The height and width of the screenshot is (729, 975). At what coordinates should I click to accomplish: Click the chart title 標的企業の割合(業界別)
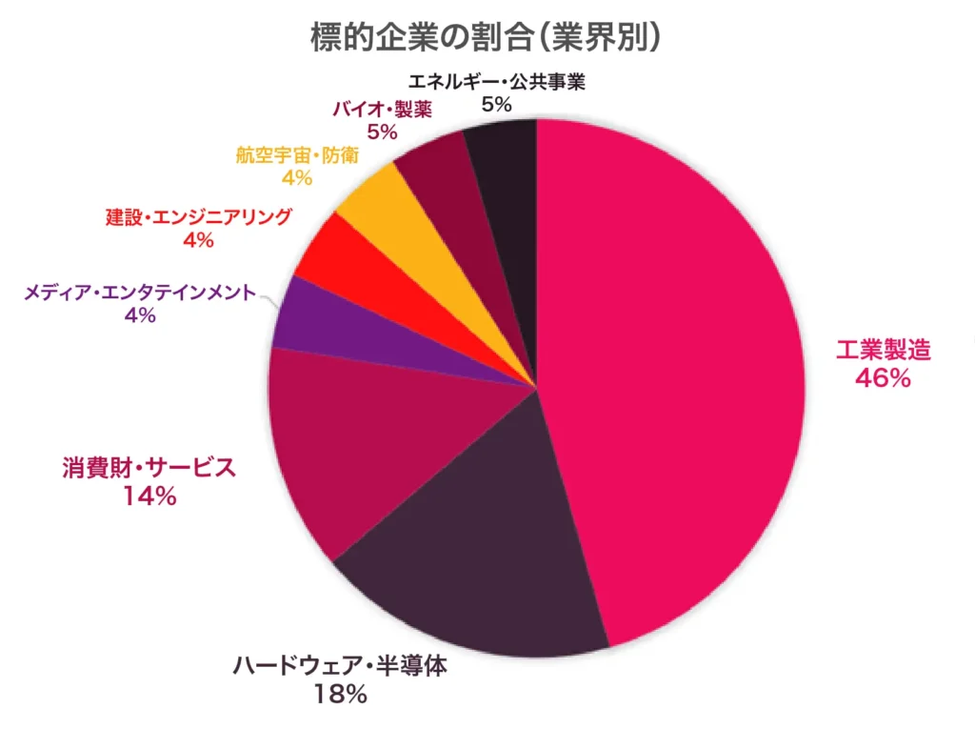coord(487,37)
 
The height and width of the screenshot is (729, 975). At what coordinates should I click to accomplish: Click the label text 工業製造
coord(883,349)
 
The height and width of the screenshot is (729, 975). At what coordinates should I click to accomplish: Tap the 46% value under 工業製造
coord(883,378)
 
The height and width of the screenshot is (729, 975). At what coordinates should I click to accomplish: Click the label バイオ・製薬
coord(382,109)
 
